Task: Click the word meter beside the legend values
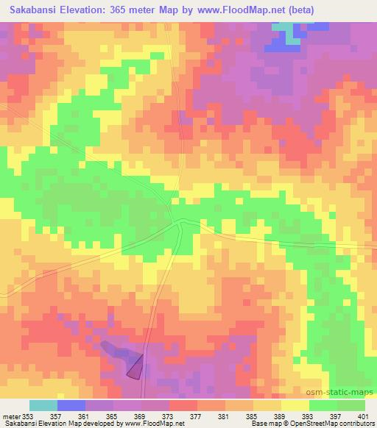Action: (x=10, y=416)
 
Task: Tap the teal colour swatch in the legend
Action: (x=43, y=405)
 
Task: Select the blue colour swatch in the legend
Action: (x=71, y=405)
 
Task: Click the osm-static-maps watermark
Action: (x=346, y=391)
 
